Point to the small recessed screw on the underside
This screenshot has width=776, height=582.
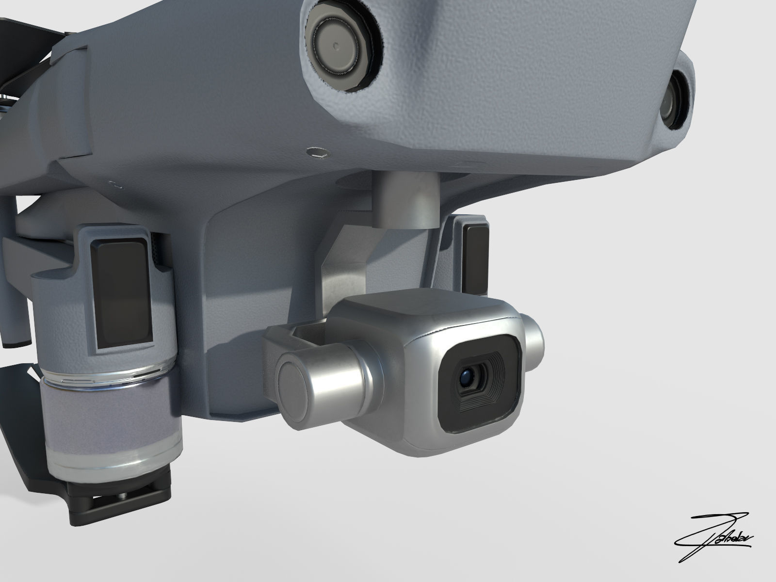click(x=317, y=153)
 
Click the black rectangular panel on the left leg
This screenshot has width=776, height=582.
click(x=123, y=297)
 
